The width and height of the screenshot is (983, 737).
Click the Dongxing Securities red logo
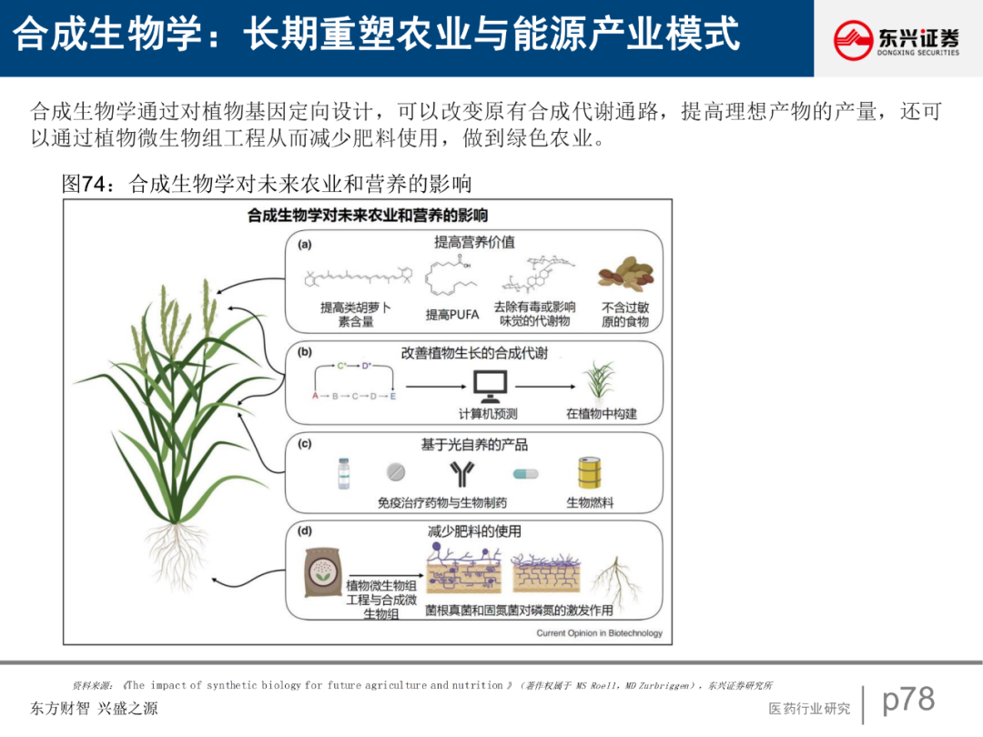coord(854,40)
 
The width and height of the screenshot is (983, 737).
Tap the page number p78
coord(908,700)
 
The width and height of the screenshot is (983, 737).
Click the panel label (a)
coord(305,244)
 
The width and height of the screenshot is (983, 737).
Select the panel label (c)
coord(305,444)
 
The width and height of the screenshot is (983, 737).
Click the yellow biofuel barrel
coord(590,472)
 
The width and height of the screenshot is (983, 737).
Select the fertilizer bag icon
coord(321,569)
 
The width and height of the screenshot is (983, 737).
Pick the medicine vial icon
coord(344,473)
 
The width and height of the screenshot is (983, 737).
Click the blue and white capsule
coord(525,474)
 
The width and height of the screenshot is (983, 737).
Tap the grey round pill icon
coord(396,473)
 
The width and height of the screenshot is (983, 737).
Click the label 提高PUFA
coord(452,315)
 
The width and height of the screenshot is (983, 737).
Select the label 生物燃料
coord(590,502)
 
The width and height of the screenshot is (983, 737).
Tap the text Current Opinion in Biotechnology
coord(599,633)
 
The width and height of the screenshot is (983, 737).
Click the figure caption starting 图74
coord(266,185)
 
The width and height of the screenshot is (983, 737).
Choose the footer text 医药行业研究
coord(809,709)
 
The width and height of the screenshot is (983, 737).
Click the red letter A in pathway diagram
coord(315,397)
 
